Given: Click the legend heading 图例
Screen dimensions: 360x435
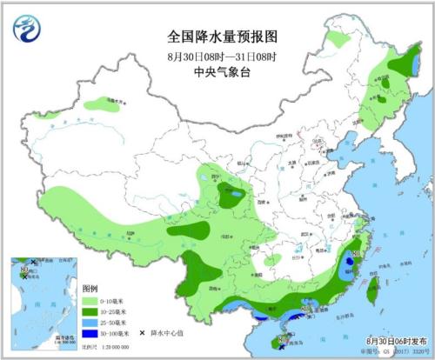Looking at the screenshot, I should point(90,288).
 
